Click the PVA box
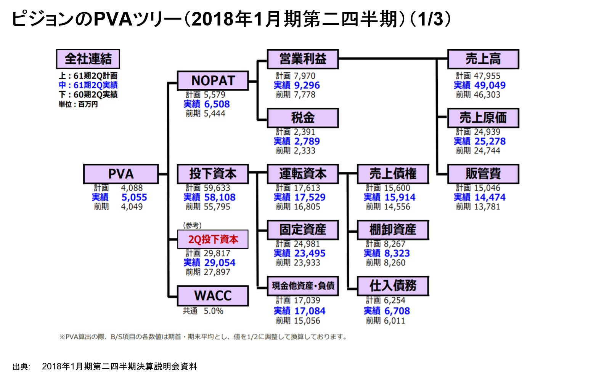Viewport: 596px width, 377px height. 121,174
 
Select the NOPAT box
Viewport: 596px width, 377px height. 213,81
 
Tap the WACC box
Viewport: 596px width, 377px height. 213,296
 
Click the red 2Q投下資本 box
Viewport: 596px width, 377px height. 213,239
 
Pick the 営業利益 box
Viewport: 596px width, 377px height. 303,59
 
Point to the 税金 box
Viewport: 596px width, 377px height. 303,118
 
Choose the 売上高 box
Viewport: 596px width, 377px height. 483,59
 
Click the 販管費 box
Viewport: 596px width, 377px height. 483,174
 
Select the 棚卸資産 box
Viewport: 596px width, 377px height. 393,230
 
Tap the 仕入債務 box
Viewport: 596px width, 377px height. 393,286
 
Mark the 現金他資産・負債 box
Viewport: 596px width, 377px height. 303,286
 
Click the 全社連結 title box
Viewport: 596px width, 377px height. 88,59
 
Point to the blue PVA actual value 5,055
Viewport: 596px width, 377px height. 134,197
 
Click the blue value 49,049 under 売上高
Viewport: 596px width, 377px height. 490,85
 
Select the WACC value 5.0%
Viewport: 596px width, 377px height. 213,311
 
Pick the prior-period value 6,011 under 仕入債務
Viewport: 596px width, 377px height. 394,321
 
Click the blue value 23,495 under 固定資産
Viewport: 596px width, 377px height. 310,253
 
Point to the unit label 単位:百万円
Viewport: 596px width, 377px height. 78,104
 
